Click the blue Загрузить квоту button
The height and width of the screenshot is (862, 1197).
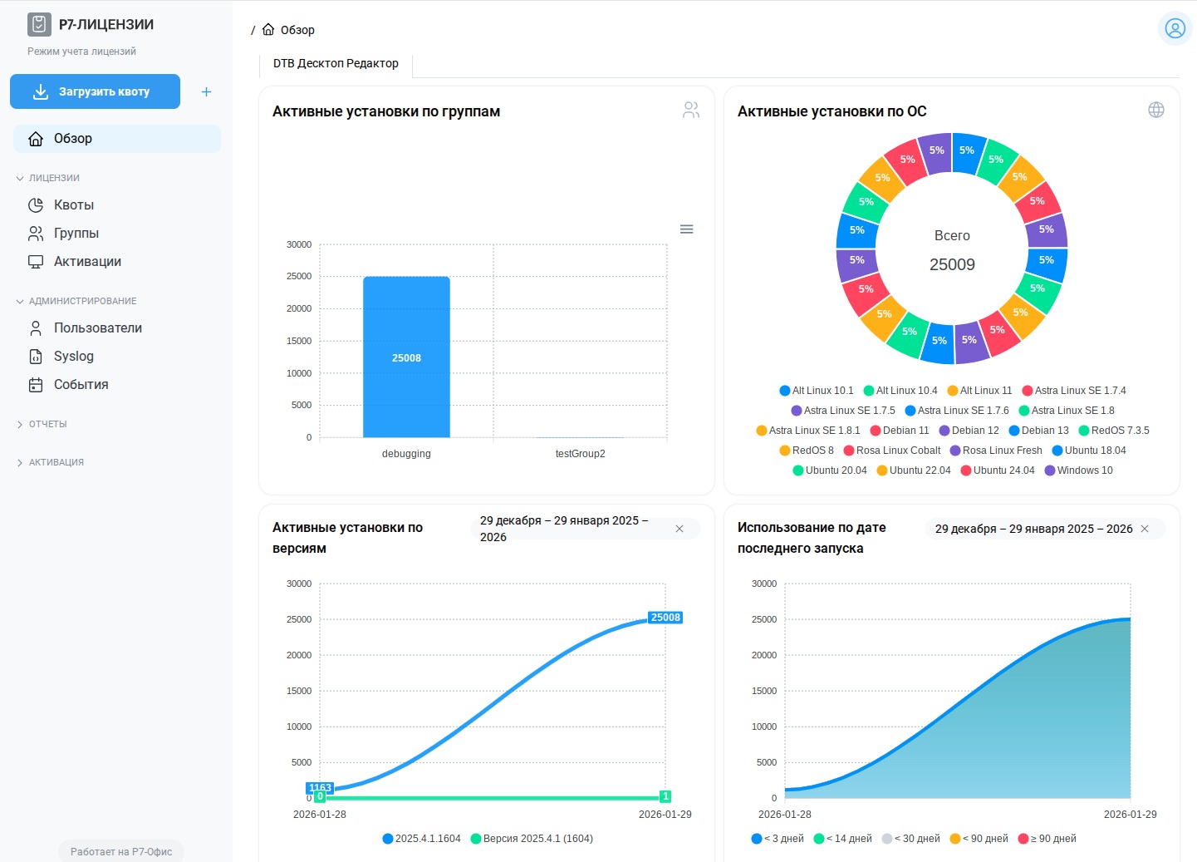point(95,91)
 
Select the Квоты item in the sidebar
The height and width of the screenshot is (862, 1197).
point(73,205)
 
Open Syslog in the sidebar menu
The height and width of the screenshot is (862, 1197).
point(73,357)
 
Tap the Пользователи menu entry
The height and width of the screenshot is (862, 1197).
point(97,328)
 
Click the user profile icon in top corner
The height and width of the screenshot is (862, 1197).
point(1175,29)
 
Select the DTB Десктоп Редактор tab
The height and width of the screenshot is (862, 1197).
point(336,64)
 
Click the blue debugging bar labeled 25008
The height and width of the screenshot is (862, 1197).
point(406,357)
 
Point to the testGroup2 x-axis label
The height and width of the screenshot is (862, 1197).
point(580,454)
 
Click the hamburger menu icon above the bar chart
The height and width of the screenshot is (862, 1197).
point(686,229)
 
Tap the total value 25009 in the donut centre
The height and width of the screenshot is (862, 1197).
point(952,265)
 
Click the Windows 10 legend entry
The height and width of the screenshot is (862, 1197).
point(1084,470)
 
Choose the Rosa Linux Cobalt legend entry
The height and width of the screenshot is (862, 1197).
point(898,451)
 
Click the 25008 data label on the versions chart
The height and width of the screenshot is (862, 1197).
point(665,618)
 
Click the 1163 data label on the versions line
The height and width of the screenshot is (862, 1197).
point(320,787)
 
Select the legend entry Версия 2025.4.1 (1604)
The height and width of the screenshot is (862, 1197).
point(537,839)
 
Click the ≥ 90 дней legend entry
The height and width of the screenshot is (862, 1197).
point(1052,839)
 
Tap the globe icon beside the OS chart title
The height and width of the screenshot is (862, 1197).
point(1155,111)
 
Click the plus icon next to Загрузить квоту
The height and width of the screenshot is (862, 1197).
point(206,92)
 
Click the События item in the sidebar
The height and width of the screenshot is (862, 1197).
point(81,385)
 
